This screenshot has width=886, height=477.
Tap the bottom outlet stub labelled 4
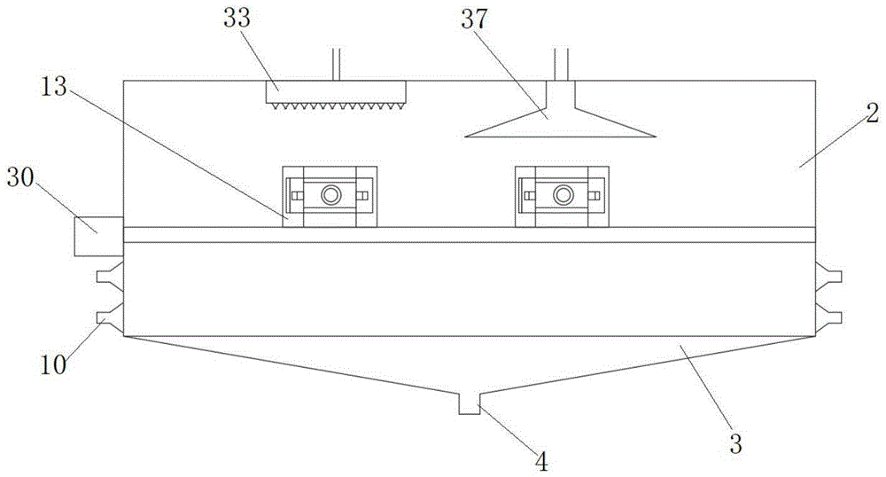(469, 404)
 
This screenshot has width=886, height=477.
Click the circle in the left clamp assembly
(330, 195)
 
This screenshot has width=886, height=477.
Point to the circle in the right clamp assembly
(562, 195)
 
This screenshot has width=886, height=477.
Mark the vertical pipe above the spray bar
(336, 63)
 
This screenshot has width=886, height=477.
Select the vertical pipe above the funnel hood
(561, 63)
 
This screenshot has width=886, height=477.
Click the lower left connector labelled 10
(111, 317)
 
